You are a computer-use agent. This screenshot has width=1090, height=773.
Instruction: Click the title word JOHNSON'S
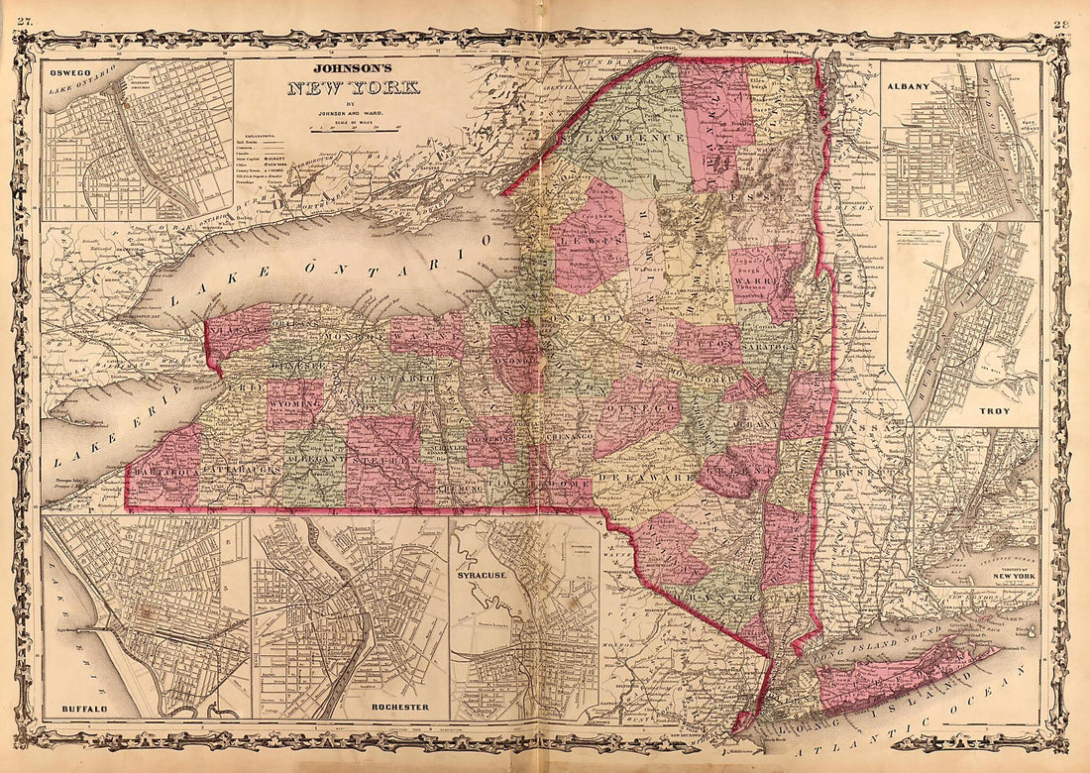click(x=354, y=69)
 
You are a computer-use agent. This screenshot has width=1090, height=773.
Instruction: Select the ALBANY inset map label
click(x=909, y=86)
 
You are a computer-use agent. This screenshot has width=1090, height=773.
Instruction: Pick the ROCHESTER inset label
click(x=399, y=707)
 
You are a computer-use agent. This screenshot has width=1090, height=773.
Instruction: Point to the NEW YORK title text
click(x=354, y=88)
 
